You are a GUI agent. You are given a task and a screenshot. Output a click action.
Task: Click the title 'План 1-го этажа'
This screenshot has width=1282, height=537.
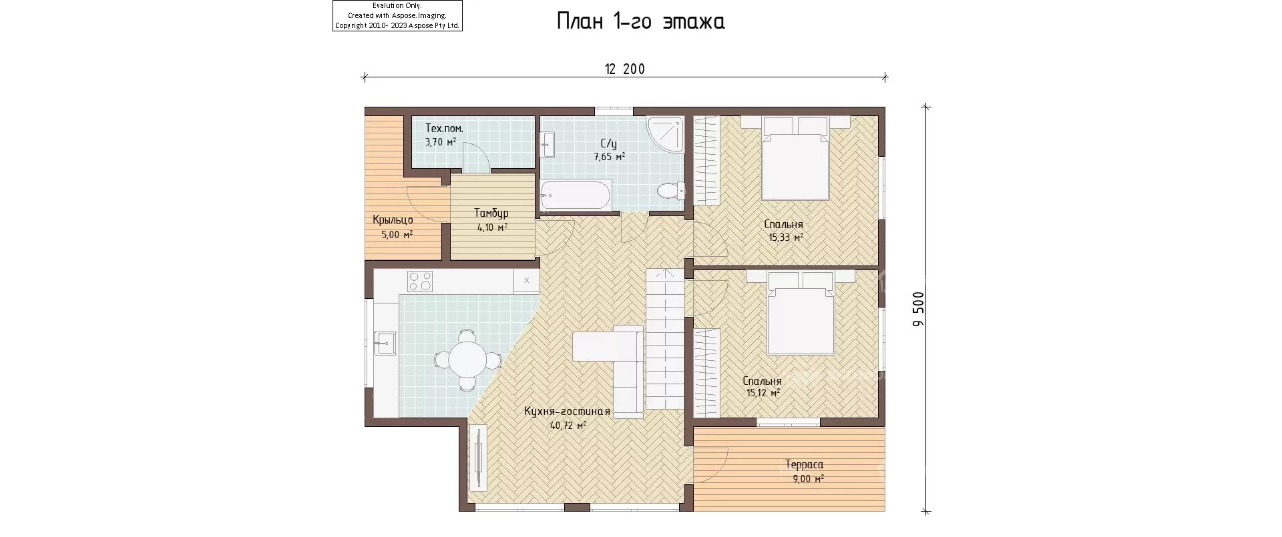(640, 22)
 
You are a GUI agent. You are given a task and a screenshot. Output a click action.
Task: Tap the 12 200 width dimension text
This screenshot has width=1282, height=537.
(625, 69)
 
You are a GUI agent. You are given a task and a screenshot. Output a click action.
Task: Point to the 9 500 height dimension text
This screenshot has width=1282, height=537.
(918, 309)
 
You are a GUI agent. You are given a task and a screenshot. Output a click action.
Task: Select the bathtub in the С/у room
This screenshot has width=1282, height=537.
(576, 195)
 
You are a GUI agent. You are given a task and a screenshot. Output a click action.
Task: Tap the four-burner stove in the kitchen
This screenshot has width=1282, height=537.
(420, 281)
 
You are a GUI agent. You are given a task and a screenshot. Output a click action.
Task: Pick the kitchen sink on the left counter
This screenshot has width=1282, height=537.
(384, 344)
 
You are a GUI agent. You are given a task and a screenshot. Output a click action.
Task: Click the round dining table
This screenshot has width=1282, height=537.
(467, 360)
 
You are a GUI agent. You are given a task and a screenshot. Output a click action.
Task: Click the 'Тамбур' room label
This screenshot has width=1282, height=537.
(491, 213)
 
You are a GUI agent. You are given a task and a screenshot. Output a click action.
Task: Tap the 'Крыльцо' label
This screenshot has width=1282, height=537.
(393, 220)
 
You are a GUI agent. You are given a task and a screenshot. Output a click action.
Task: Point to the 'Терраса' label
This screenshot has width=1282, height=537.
(804, 464)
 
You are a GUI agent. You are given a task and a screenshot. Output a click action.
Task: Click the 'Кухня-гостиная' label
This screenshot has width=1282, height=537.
(568, 412)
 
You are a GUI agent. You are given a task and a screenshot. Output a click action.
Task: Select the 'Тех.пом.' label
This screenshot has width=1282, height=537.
(444, 128)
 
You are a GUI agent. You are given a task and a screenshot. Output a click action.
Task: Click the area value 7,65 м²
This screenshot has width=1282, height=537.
(610, 157)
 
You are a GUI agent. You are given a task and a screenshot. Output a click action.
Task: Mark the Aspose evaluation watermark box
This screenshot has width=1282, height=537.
(397, 15)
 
